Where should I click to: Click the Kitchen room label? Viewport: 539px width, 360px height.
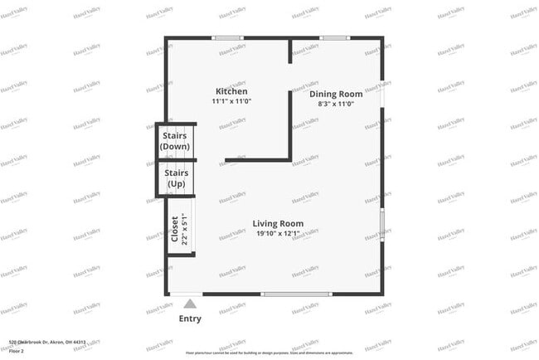(x=231, y=91)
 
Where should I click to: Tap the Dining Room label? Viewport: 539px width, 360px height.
(x=336, y=94)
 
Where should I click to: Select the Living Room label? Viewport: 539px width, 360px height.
(x=279, y=223)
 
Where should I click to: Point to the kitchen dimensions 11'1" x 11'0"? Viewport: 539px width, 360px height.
(x=231, y=101)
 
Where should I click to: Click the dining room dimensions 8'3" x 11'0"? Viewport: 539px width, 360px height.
(x=336, y=104)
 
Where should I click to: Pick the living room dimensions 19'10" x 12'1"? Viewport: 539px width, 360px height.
(x=279, y=233)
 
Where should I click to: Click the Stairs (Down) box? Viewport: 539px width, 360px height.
(x=176, y=140)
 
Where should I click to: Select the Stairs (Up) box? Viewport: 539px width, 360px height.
(x=176, y=178)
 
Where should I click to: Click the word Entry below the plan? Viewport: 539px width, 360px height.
(x=190, y=319)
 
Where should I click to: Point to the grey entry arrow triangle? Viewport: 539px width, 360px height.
(x=190, y=304)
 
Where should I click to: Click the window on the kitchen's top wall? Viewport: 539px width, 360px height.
(x=227, y=37)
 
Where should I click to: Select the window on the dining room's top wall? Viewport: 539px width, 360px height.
(x=334, y=37)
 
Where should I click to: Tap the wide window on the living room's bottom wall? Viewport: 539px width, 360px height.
(x=296, y=294)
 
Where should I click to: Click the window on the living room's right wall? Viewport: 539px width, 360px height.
(x=381, y=224)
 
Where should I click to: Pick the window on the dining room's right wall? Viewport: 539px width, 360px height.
(x=381, y=93)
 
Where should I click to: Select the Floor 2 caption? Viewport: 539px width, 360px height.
(x=15, y=351)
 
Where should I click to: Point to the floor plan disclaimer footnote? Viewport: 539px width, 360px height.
(x=269, y=353)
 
